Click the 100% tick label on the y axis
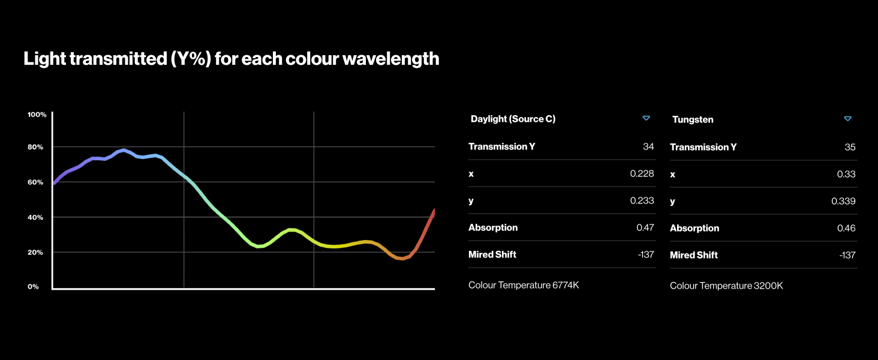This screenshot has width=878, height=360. coord(37,115)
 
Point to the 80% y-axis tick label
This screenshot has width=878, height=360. coord(35,147)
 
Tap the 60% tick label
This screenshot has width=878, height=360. coord(35,182)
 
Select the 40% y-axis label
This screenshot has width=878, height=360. coord(35,217)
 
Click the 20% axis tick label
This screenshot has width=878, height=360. coord(35,252)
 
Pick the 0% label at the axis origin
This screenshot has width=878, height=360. coord(34,287)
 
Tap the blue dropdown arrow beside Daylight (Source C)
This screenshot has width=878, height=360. coord(647,118)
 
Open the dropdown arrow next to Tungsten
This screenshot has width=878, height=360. coord(848,119)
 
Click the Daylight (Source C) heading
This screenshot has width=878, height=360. coord(513,119)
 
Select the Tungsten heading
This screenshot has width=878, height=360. coord(693,119)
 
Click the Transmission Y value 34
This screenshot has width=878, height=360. coord(648,146)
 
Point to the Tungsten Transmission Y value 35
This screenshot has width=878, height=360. coord(850,147)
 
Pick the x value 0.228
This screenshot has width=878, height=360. coord(642,173)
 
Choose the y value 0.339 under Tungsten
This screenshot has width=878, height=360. coord(843,201)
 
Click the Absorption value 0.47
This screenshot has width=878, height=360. coord(645,227)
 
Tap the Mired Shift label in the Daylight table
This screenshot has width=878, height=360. coord(492,254)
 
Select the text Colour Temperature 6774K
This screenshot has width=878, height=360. coord(524,285)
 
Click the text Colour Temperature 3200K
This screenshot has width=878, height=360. coord(726,286)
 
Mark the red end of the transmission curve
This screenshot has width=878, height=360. coord(434,211)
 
